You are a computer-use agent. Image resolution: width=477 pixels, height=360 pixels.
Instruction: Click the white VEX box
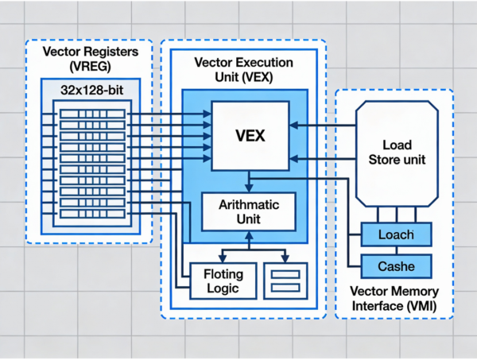[x=250, y=136]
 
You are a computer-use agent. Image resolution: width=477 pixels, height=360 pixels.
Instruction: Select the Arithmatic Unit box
[x=250, y=211]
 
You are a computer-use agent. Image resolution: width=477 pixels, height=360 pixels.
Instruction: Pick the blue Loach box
[x=396, y=235]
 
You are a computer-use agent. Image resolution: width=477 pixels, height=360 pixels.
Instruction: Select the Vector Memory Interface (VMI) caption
[x=395, y=299]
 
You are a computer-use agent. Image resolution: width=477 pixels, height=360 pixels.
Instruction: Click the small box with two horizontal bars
[x=285, y=281]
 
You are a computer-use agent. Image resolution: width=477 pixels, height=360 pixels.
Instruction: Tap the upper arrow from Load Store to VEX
[x=322, y=125]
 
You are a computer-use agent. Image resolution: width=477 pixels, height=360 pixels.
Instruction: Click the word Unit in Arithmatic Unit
[x=250, y=219]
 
